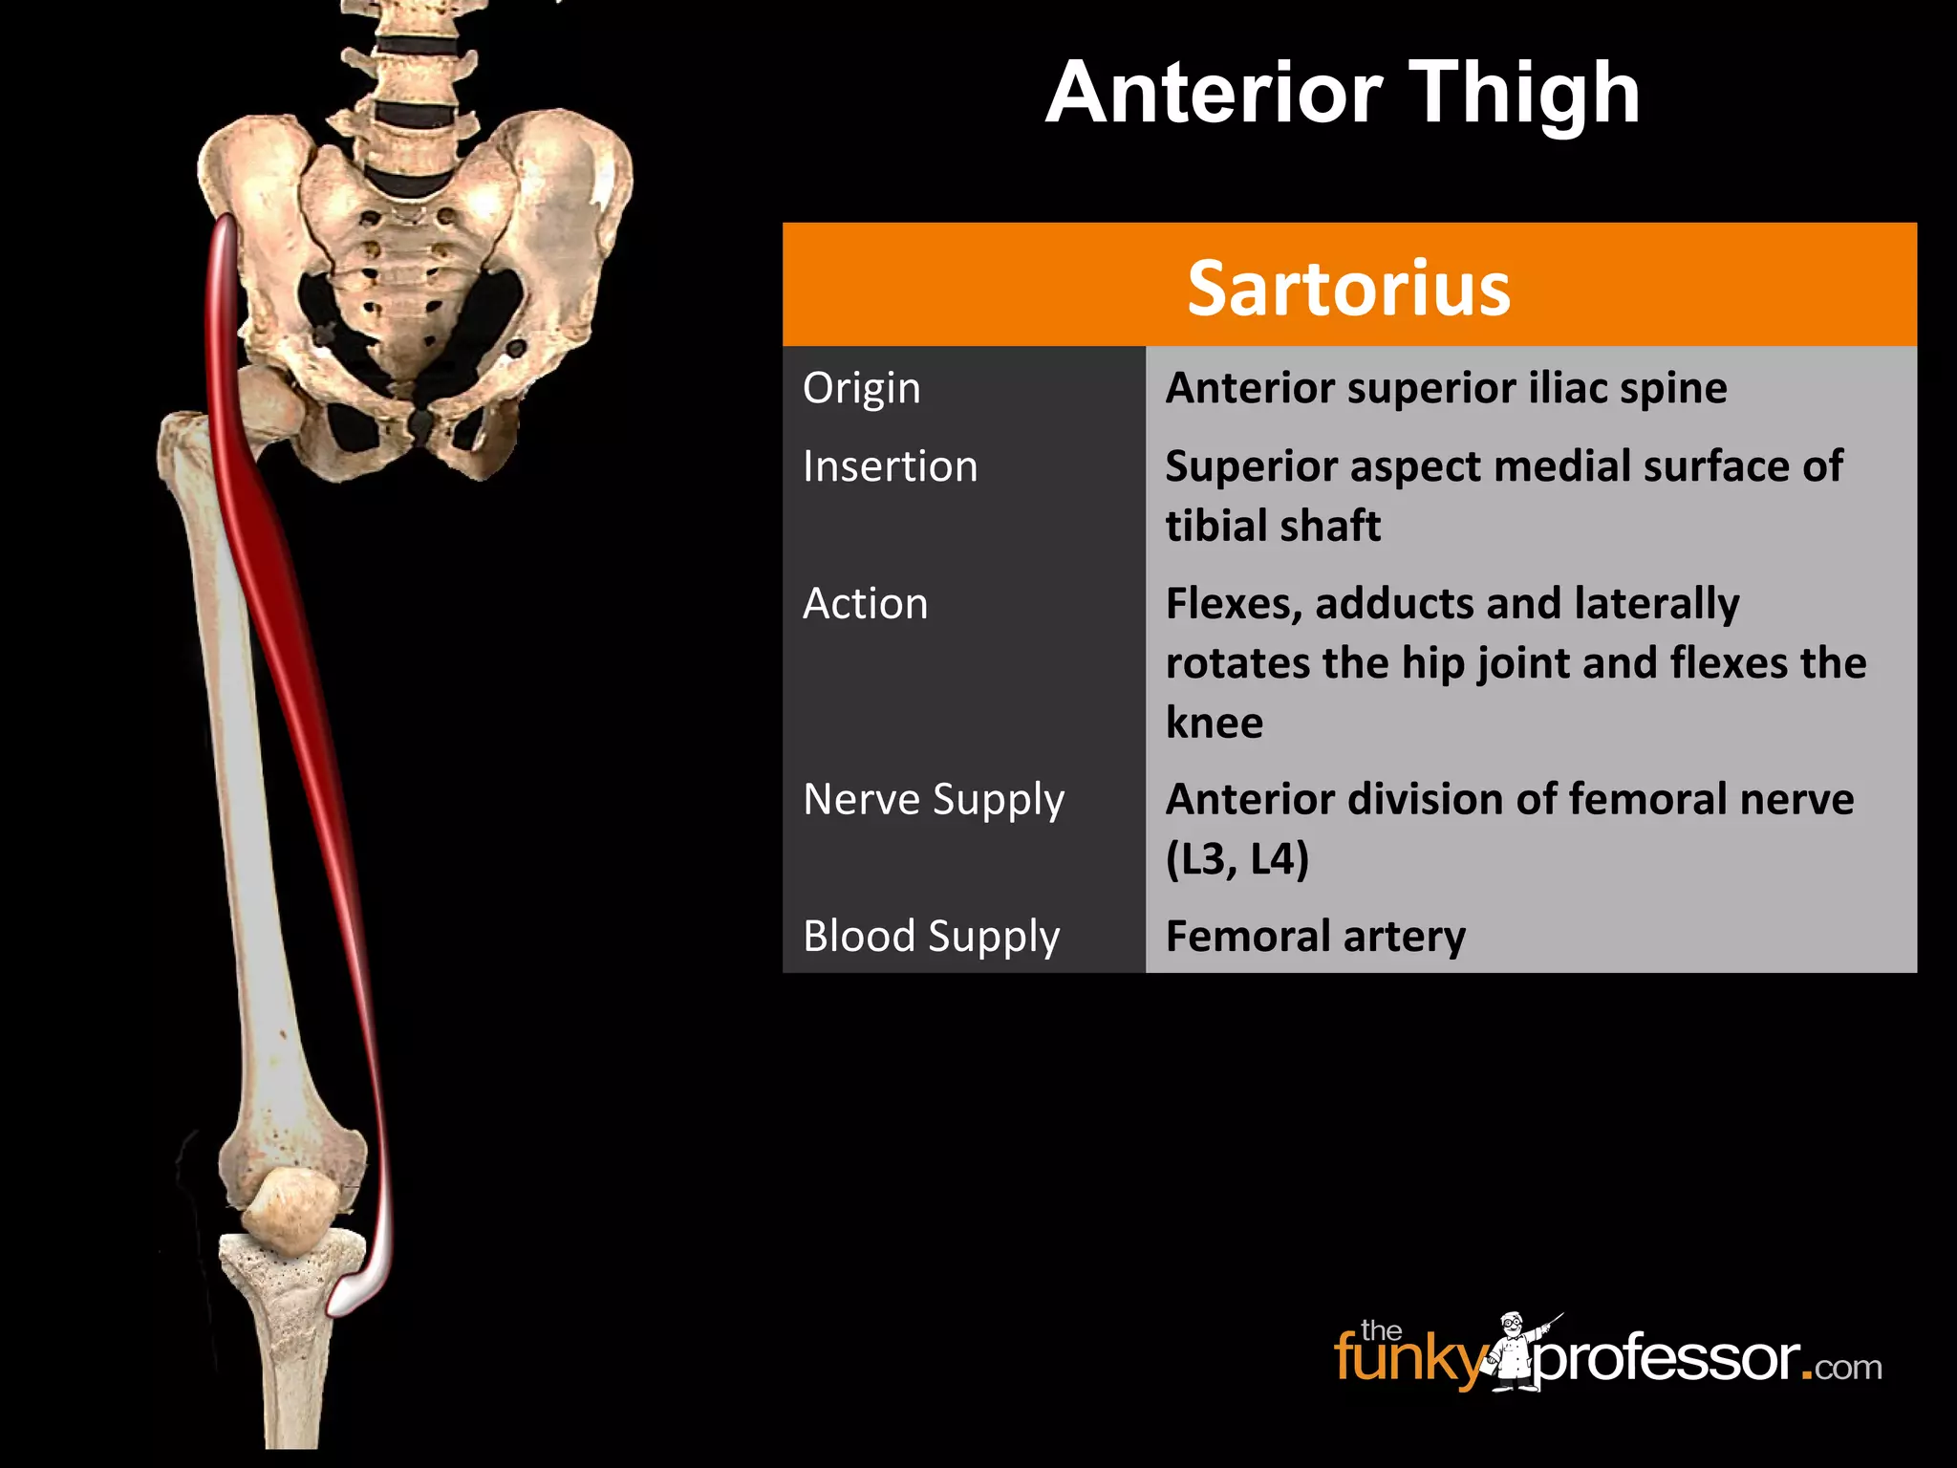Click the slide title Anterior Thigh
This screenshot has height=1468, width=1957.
point(1343,93)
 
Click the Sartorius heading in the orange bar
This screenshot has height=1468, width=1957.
point(1348,288)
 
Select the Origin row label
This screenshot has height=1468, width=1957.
point(861,388)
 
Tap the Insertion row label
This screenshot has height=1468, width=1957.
point(890,466)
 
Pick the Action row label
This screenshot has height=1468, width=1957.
point(865,604)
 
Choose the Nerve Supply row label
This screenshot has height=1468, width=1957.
point(934,800)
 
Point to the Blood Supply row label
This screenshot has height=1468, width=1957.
point(932,937)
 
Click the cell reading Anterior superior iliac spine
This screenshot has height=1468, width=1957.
point(1446,388)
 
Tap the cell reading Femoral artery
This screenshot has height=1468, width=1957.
point(1315,937)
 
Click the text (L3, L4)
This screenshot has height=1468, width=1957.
point(1237,859)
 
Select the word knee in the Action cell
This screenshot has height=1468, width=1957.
point(1214,723)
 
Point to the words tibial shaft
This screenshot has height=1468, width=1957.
point(1273,526)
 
